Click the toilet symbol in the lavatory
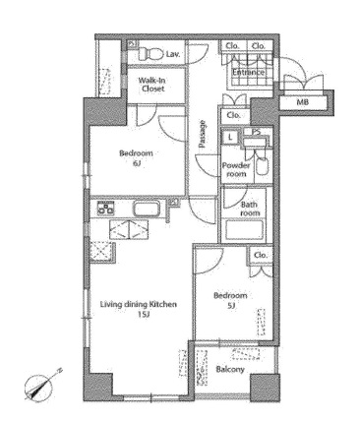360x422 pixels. click(x=150, y=54)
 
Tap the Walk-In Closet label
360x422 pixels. click(x=151, y=85)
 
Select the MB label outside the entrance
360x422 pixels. click(x=302, y=102)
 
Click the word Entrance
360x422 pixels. click(x=248, y=72)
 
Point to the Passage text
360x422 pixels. click(x=203, y=134)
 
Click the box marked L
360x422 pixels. click(x=230, y=138)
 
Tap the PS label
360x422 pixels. click(x=256, y=132)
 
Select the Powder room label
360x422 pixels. click(x=236, y=169)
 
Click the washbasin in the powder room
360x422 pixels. click(x=263, y=166)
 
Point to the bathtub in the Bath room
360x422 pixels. click(x=245, y=230)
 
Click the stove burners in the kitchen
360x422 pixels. click(x=106, y=208)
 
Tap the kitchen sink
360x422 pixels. click(x=147, y=209)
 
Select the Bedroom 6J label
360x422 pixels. click(x=136, y=157)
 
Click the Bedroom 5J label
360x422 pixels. click(x=230, y=300)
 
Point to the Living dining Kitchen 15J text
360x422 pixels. click(x=139, y=309)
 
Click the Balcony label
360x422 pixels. click(x=230, y=370)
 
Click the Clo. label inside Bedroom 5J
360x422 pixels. click(x=261, y=255)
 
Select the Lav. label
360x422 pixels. click(x=173, y=54)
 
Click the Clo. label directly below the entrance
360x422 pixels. click(x=233, y=115)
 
